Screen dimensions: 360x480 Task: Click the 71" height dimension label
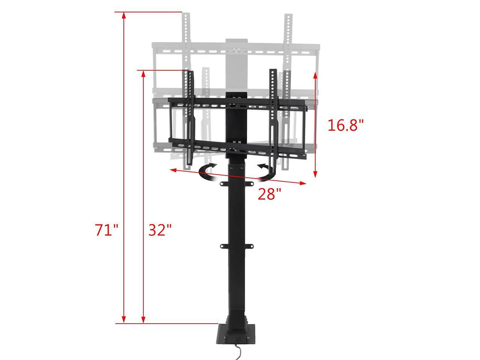point(106,229)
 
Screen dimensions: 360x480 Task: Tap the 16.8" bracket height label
point(346,125)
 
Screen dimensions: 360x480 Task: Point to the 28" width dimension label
point(269,194)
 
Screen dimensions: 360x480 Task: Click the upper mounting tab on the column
point(235,183)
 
